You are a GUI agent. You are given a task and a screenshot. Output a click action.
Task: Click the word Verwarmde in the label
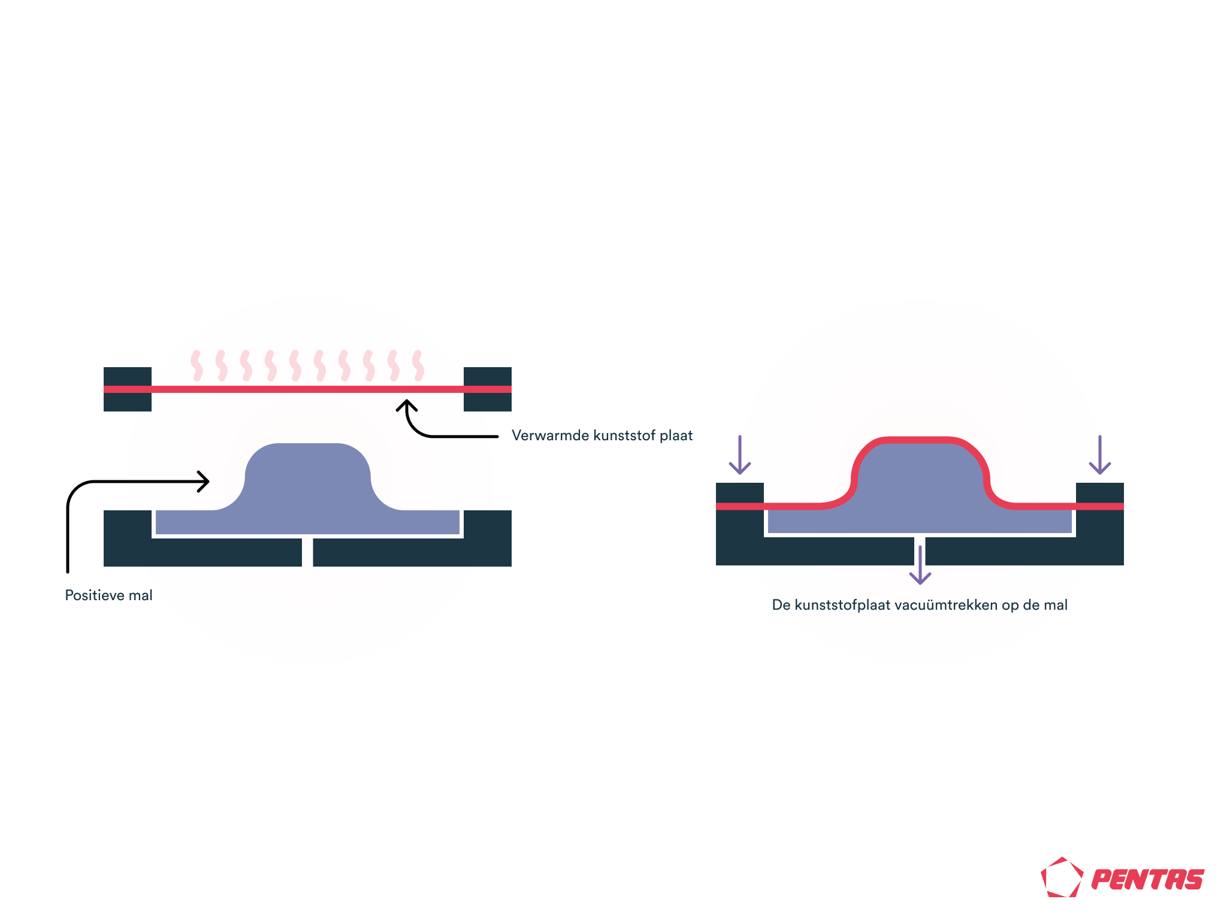click(x=551, y=435)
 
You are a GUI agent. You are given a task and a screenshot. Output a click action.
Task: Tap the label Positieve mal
click(x=108, y=595)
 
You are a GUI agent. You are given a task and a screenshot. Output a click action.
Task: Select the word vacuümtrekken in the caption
click(x=945, y=605)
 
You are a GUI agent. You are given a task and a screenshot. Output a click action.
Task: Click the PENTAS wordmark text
click(x=1147, y=879)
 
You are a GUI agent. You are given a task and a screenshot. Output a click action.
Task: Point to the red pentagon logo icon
click(x=1062, y=877)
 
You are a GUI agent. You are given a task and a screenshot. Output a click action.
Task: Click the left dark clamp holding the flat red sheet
click(x=128, y=389)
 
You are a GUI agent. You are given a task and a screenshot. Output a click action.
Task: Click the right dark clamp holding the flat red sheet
click(x=488, y=389)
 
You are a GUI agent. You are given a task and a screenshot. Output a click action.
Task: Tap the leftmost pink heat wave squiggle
click(x=197, y=365)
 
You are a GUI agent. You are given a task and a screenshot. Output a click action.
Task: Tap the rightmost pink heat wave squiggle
click(x=418, y=365)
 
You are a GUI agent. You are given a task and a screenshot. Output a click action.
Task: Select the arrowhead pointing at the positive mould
click(x=204, y=482)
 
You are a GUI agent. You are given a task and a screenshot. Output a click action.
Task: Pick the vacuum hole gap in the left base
click(x=307, y=552)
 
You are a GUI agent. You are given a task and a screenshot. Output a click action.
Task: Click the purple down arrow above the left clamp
click(x=740, y=455)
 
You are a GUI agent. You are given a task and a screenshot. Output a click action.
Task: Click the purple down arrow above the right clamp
click(x=1100, y=455)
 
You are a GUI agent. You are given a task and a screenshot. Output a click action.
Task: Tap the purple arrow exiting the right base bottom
click(x=920, y=565)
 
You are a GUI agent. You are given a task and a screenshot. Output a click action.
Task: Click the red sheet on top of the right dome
click(x=920, y=440)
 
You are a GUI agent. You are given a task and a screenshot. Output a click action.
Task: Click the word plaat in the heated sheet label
click(x=676, y=435)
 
